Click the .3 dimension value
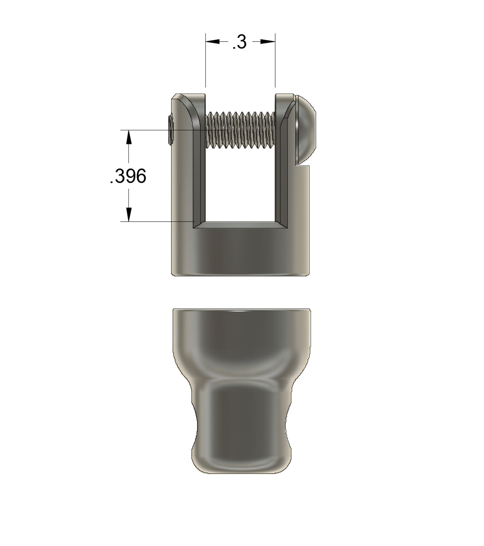point(240,42)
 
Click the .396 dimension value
point(128,176)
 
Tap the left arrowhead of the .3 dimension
point(212,41)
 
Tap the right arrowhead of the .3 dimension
point(268,41)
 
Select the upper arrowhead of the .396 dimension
point(128,138)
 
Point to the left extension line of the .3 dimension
point(205,64)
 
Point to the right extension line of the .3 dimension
point(275,64)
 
